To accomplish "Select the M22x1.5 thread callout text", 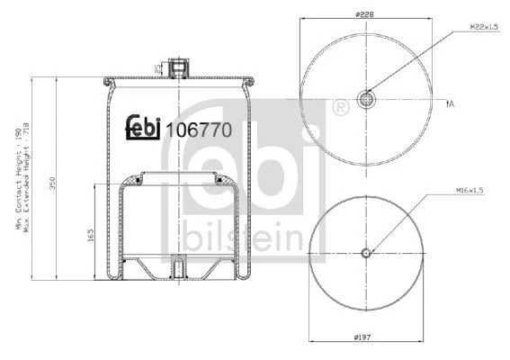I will pos(483,28).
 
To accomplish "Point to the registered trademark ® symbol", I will pos(340,109).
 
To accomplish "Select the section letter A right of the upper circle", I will pos(451,104).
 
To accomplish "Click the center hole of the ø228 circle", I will pos(365,98).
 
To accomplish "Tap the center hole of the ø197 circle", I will pos(365,253).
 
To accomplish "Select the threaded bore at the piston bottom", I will pos(178,267).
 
